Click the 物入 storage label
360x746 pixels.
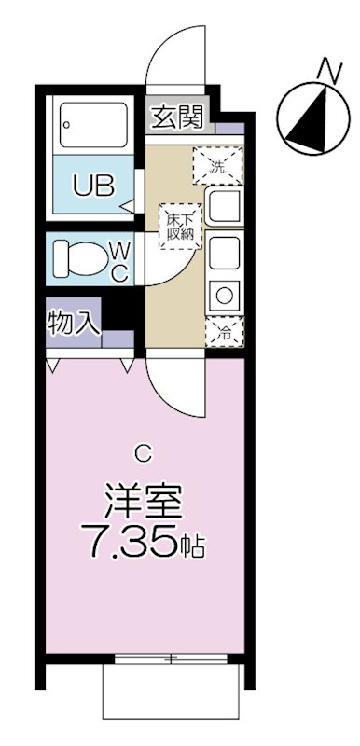(74, 323)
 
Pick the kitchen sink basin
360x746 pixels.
(226, 207)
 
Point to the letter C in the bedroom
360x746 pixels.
(142, 454)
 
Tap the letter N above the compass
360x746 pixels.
(326, 68)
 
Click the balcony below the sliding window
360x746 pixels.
(173, 699)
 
